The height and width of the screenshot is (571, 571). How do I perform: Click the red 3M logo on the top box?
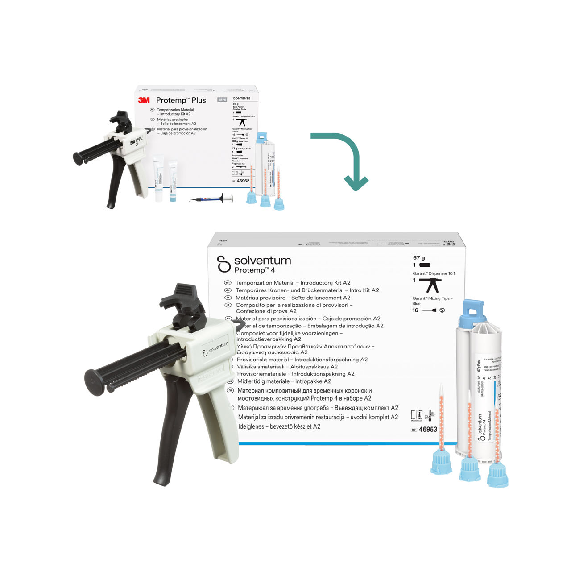(x=144, y=100)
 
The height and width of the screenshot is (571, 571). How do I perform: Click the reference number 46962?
(x=243, y=181)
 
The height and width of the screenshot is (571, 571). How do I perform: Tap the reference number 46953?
(x=428, y=429)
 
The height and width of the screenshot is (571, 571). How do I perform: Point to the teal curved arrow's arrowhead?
(x=356, y=183)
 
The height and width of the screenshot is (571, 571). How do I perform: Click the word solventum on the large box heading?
(x=262, y=261)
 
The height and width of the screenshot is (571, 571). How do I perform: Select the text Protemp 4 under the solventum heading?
(x=255, y=270)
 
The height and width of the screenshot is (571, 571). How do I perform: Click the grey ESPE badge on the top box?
(x=222, y=100)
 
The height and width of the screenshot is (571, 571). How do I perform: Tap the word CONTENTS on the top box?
(x=241, y=99)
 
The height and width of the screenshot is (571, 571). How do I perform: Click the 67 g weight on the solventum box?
(x=419, y=258)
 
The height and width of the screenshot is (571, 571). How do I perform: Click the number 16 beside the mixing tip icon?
(x=415, y=310)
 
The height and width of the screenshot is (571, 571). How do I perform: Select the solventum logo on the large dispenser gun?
(x=215, y=349)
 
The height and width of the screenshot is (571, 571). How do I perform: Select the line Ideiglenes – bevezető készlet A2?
(x=279, y=426)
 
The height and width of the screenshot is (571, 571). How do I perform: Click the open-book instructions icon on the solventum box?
(x=416, y=414)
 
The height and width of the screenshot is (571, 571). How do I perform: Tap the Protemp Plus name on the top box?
(x=181, y=100)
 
